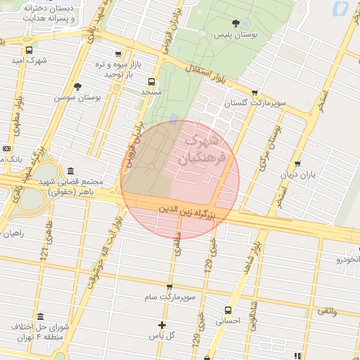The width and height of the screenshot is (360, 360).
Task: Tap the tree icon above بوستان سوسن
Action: pos(77,86)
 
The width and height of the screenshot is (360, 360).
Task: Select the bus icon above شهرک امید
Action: pos(29,51)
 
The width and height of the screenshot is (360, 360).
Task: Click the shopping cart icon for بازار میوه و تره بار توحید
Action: pos(117,54)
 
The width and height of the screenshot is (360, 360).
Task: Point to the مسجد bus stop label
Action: pos(152,92)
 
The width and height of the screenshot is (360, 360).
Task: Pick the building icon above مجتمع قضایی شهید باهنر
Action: pos(70,172)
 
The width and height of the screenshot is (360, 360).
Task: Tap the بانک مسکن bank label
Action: pos(14,160)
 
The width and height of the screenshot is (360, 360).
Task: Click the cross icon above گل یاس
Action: pos(162,325)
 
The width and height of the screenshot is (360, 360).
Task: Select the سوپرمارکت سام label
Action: pos(169,298)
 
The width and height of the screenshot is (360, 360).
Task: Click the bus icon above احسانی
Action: pos(227,309)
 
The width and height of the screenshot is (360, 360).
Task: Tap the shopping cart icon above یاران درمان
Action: pos(297,164)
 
